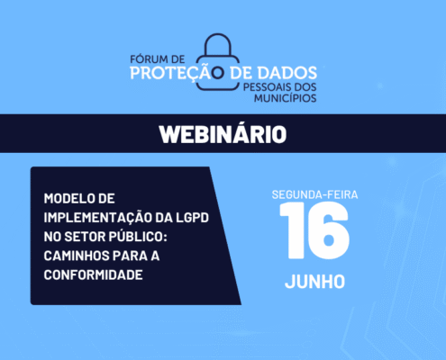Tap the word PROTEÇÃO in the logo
(177, 73)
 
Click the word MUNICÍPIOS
(286, 98)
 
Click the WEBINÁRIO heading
(223, 134)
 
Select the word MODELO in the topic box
(67, 199)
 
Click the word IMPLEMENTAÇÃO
(97, 218)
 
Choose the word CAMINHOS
(77, 256)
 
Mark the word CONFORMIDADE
(93, 274)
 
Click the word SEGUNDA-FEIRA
(314, 194)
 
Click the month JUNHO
(314, 282)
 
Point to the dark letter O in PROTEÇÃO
(218, 73)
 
